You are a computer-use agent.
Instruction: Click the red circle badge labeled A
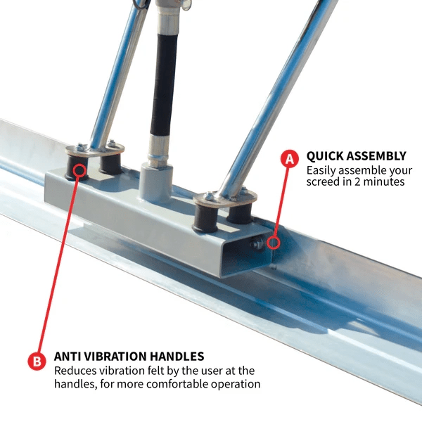point(290,158)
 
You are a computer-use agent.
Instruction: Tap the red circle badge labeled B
point(37,361)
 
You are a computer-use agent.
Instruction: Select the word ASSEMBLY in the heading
point(376,156)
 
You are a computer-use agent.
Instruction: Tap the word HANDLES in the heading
point(177,357)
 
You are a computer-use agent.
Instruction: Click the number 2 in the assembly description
point(357,181)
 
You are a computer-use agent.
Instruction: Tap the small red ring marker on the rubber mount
point(79,170)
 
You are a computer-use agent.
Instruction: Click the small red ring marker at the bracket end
point(274,243)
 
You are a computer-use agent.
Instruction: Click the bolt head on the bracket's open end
point(256,244)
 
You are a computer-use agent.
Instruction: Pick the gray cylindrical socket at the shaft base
point(156,184)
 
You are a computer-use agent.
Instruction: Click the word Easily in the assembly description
point(321,171)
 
